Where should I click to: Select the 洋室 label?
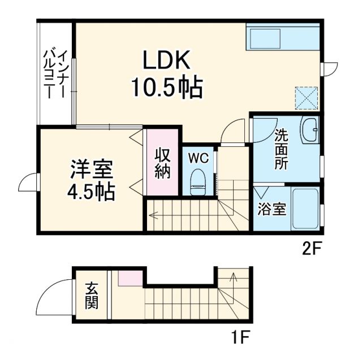[x=92, y=169]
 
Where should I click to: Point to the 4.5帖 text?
[x=92, y=192]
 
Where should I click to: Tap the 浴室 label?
[x=271, y=210]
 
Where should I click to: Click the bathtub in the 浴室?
[x=305, y=209]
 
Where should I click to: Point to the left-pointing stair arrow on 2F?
[x=153, y=215]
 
